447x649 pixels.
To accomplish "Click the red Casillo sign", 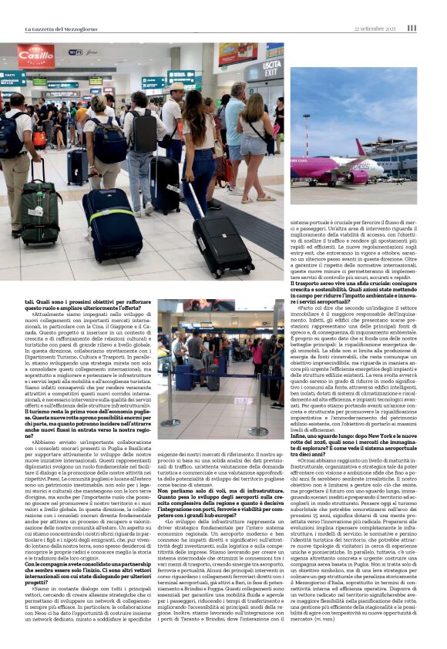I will pos(35,55).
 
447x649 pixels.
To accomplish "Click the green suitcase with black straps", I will pos(41,211).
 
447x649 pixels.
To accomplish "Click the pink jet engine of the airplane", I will pos(356,177).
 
